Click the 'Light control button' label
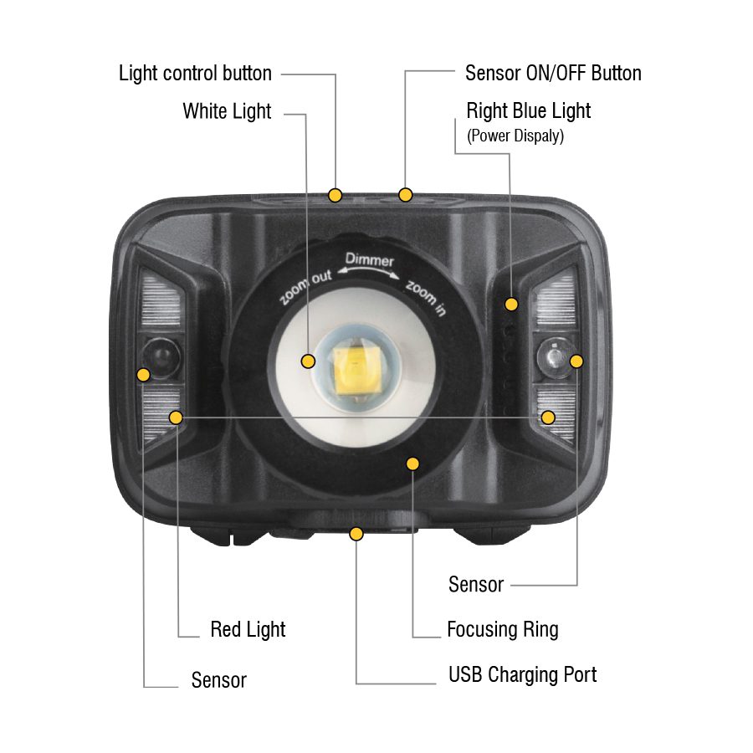tap(195, 74)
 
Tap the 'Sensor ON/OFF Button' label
tap(553, 73)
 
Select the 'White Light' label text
tap(227, 111)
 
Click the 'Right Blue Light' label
tap(528, 111)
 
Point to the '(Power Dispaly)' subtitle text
tap(515, 136)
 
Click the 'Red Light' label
tap(248, 629)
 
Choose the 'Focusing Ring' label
tap(502, 629)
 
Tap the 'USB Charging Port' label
tap(522, 674)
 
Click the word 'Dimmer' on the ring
tap(369, 260)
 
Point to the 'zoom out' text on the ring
tap(305, 288)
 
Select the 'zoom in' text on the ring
tap(426, 298)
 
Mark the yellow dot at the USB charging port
tap(356, 534)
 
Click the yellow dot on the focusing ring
tap(412, 464)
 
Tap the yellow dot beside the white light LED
tap(308, 361)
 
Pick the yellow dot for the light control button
tap(336, 195)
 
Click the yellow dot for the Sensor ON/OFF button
tap(405, 195)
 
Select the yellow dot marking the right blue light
tap(511, 304)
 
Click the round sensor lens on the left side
tap(161, 358)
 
